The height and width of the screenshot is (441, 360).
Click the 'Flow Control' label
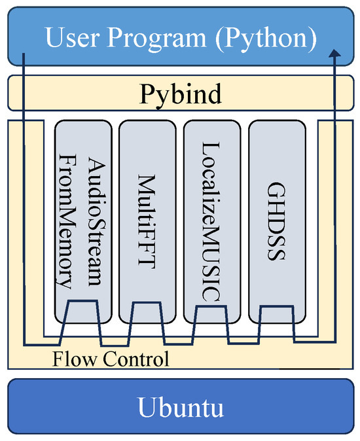(x=111, y=359)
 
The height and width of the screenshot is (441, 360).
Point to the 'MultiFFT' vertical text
(x=147, y=209)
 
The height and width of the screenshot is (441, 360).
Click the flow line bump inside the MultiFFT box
(x=147, y=303)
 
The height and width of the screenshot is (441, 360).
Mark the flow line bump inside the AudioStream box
(x=82, y=301)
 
